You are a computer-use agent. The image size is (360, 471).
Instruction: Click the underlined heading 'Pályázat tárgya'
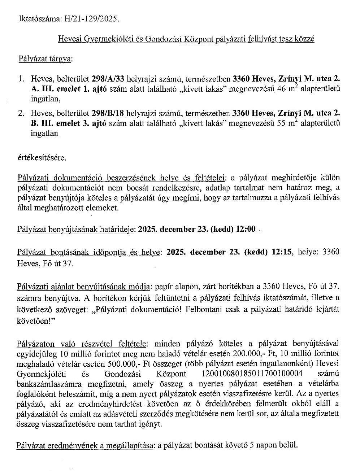44,58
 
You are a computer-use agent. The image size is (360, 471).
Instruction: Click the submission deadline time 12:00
245,229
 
